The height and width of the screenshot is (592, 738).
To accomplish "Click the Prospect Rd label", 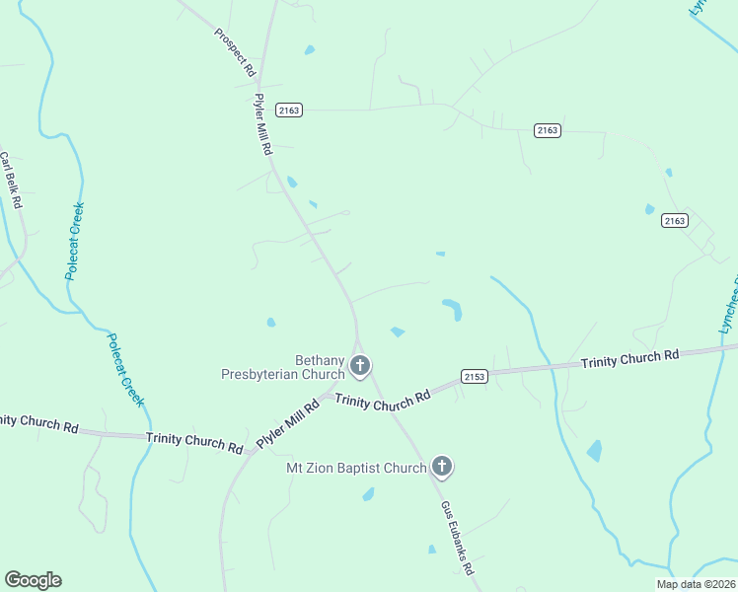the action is point(235,52).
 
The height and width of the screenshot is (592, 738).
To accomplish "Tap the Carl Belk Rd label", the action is point(11,179).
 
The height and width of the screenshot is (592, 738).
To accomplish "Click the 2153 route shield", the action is point(475,376).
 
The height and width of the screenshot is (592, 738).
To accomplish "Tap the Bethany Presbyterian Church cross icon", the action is point(360,366).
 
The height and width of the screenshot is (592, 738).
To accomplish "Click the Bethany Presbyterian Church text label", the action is point(282,367).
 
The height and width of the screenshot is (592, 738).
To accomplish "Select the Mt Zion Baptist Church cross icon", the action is point(441,467).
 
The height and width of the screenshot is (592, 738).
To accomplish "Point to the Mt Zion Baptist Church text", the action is point(356,468).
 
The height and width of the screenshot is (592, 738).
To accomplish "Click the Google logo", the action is point(33,580).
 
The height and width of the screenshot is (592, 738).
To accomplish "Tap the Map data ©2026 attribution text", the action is point(697,584).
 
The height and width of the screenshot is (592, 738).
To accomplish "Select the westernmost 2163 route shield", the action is point(289,111).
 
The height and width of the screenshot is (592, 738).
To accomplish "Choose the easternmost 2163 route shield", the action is point(675,221).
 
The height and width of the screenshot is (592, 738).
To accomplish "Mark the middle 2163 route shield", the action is point(548,130).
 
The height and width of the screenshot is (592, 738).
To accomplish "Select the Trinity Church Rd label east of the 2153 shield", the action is point(629,358).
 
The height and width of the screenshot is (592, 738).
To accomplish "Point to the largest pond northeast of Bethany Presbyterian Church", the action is point(453,309).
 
